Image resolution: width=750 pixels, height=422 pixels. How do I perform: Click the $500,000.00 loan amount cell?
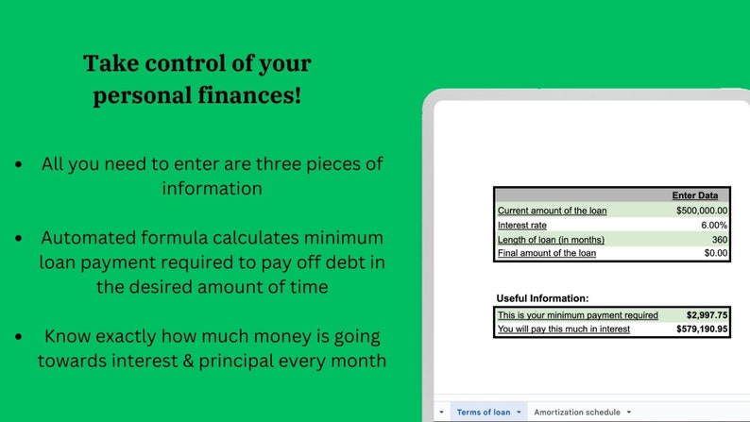[x=701, y=211]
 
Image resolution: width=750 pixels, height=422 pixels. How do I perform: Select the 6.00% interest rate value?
[x=713, y=225]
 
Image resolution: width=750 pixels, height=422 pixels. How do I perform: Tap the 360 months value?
[x=719, y=239]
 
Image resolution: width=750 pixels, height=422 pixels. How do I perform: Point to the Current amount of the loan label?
[x=553, y=211]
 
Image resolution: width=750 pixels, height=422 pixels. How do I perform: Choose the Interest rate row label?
[x=523, y=225]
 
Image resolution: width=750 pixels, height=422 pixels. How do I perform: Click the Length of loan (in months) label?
[x=551, y=239]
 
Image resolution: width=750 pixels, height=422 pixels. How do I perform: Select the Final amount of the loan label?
[x=547, y=253]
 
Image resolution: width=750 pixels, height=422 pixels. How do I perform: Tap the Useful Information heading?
[x=542, y=298]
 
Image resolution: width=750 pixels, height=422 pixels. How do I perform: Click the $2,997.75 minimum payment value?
[x=707, y=315]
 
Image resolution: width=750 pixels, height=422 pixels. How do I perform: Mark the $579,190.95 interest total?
[x=702, y=329]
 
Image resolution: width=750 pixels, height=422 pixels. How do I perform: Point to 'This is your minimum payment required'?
[x=578, y=315]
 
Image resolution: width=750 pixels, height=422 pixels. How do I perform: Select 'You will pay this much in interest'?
[x=564, y=329]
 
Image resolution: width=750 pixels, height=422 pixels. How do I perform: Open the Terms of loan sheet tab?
[x=483, y=412]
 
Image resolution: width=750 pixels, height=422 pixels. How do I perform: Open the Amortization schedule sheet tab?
[x=576, y=412]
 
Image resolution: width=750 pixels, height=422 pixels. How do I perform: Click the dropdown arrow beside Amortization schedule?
[x=628, y=413]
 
